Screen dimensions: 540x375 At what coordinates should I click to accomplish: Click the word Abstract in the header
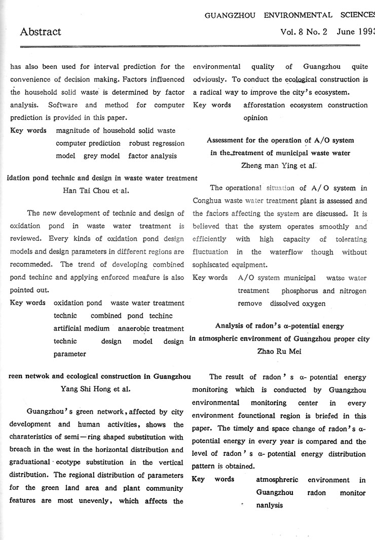41,32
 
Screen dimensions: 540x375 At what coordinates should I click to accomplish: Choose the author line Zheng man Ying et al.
279,165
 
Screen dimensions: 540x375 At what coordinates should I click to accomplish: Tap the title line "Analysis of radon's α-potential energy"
279,326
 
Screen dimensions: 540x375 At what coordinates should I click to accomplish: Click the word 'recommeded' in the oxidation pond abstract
31,265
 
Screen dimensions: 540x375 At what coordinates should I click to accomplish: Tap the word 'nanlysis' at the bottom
269,505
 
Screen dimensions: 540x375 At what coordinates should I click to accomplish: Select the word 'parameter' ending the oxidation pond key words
69,354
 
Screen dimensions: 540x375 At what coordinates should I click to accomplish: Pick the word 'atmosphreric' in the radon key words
277,479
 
